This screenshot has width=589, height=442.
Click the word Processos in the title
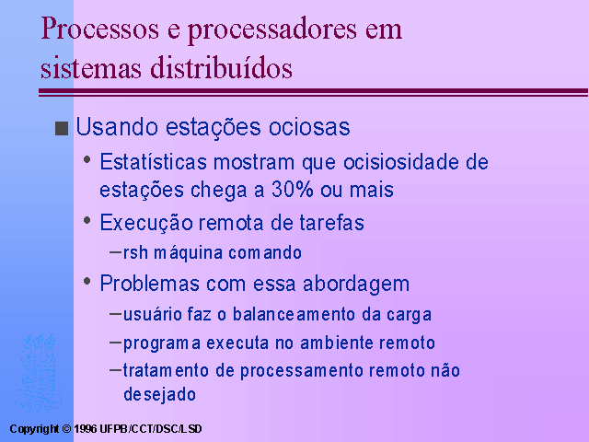click(100, 29)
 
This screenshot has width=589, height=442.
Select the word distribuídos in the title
click(221, 67)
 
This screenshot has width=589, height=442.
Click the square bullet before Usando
click(62, 128)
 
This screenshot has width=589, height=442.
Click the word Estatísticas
click(154, 162)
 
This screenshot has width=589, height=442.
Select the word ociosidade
click(401, 162)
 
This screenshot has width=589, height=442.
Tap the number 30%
click(293, 189)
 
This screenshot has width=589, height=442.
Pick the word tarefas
click(332, 223)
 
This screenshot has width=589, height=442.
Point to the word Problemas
click(149, 283)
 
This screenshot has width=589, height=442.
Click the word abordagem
click(356, 285)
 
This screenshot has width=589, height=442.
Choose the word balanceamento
click(294, 314)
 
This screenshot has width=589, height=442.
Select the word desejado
click(159, 395)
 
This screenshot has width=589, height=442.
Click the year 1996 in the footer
click(86, 429)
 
